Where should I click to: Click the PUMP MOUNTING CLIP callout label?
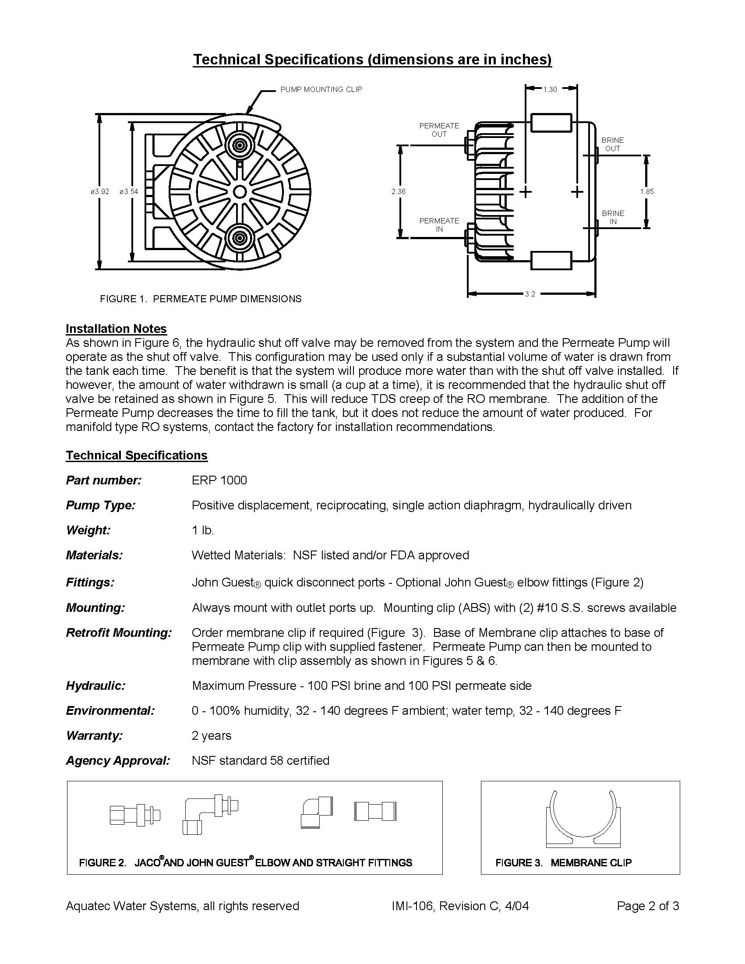pos(321,89)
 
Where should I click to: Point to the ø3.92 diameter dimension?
pos(100,191)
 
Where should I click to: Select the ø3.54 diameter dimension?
pos(129,191)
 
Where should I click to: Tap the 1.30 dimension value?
pos(550,89)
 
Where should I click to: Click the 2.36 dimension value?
pos(398,191)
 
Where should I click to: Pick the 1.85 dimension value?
pos(646,191)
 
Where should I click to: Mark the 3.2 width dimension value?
pos(530,294)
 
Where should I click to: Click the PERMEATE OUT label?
pos(439,130)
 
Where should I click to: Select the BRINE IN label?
pos(613,217)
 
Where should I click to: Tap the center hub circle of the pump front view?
pos(240,191)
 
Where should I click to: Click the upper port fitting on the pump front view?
pos(240,145)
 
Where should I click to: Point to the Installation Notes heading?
pos(116,329)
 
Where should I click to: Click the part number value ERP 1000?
pos(219,480)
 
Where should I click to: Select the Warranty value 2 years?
pos(212,735)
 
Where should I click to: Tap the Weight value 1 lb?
pos(203,530)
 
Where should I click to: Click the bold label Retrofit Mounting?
pos(119,632)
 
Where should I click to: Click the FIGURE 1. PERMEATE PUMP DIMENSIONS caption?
pos(201,299)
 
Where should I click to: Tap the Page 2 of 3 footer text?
pos(648,906)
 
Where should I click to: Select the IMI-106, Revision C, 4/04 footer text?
pos(460,906)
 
